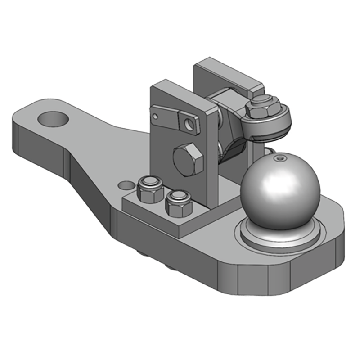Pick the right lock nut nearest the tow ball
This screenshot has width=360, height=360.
[179, 202]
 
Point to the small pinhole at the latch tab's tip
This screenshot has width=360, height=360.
[155, 116]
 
